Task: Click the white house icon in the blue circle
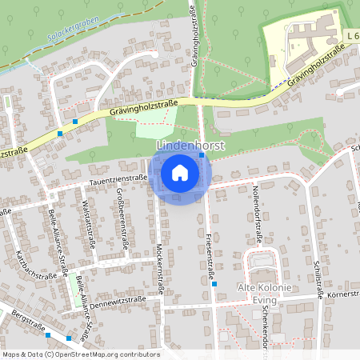pos(180,173)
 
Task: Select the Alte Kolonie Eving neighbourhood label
pos(263,292)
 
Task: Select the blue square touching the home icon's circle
pos(202,157)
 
